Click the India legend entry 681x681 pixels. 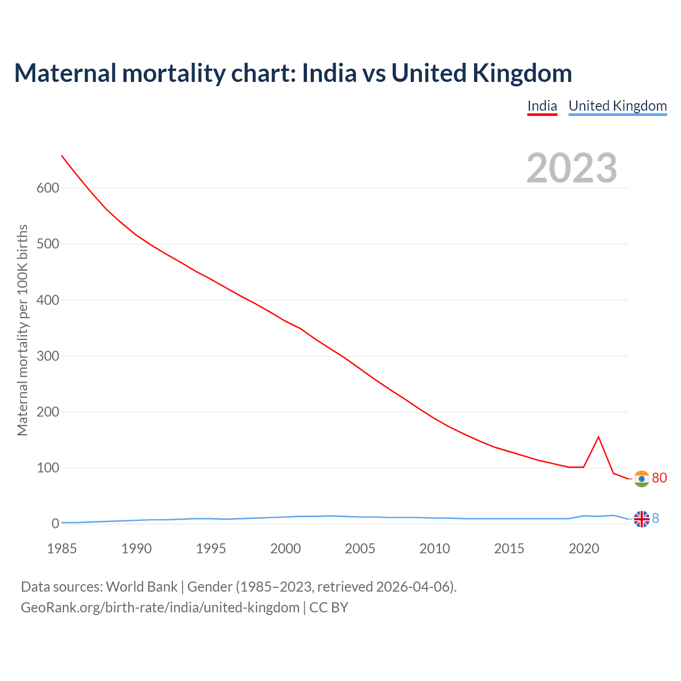pos(542,106)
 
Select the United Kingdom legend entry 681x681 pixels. pos(617,106)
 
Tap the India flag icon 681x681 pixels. pos(642,479)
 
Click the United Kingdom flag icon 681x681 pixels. pos(642,519)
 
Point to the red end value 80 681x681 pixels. pos(659,478)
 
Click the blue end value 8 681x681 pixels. pos(655,518)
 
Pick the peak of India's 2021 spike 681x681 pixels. pos(599,437)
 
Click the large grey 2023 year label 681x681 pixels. pos(571,168)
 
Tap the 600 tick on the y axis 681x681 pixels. pos(48,188)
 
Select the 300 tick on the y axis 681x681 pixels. pos(48,356)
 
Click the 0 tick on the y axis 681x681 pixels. pos(55,524)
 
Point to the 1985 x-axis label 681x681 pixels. pos(62,549)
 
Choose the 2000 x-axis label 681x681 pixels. pos(286,549)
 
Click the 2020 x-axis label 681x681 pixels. pos(584,549)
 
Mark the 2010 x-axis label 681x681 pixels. pos(435,549)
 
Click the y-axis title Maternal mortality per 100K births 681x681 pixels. pos(22,330)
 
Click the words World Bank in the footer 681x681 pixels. pos(142,587)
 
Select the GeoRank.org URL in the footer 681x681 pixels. pos(160,608)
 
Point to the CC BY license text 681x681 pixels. pos(329,608)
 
